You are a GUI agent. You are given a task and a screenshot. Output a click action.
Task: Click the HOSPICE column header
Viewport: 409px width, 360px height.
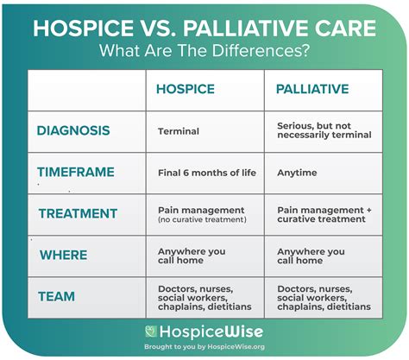pos(185,89)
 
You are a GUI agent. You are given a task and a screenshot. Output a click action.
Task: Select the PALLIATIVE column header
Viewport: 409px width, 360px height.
pos(311,89)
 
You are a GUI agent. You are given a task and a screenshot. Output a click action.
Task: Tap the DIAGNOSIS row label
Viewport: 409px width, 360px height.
pos(73,131)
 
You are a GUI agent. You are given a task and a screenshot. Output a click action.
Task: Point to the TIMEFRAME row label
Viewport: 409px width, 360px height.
pos(75,172)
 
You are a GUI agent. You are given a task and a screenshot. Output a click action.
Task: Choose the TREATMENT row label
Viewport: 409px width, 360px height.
pos(77,213)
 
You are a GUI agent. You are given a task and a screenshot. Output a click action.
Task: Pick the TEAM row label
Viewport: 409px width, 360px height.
pos(56,296)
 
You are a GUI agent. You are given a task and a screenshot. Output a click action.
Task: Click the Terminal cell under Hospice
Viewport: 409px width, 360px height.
pos(179,131)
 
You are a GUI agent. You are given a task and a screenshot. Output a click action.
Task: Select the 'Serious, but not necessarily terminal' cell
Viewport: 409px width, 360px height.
pos(324,130)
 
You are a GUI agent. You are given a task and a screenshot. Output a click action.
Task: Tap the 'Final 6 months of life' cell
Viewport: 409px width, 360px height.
pos(206,173)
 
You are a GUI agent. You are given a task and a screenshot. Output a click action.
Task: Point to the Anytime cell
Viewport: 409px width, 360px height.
pos(297,173)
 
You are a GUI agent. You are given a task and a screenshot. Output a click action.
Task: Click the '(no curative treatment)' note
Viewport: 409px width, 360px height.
pos(202,219)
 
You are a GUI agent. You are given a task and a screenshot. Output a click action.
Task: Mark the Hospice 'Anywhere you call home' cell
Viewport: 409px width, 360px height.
pos(192,256)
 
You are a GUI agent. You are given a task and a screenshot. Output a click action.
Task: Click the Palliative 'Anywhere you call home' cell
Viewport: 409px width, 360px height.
pos(311,256)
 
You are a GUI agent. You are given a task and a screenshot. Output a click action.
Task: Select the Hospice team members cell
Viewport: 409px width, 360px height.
pos(204,297)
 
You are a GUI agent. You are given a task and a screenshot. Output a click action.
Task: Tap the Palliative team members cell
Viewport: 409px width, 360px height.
pos(324,297)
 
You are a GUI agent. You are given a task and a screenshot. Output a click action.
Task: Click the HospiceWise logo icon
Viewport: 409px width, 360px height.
pos(152,332)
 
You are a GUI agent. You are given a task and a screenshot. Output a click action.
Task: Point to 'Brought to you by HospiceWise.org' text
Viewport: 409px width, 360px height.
pos(205,347)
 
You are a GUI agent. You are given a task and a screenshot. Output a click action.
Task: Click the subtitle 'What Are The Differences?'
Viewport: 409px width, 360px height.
pos(204,49)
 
